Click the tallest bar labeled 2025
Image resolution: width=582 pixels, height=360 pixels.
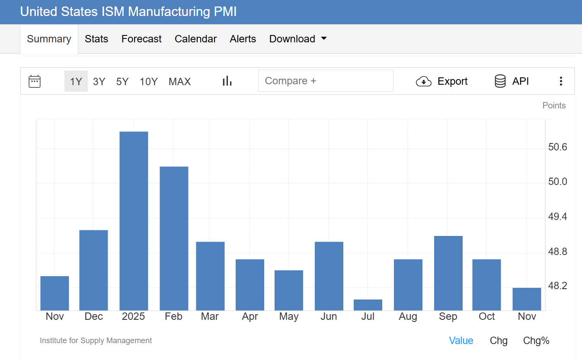click(134, 220)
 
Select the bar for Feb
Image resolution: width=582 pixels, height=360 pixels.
click(174, 238)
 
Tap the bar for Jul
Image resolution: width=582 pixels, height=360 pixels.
click(368, 305)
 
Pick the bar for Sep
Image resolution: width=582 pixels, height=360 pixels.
click(448, 273)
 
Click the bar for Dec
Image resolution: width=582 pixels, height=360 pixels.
click(94, 270)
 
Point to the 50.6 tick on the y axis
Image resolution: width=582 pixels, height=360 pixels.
click(557, 147)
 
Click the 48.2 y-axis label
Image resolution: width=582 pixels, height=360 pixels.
click(557, 287)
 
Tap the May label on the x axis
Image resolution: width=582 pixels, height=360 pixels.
click(289, 316)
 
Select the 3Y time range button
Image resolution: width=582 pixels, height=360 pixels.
click(99, 81)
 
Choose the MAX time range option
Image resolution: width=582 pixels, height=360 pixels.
click(179, 81)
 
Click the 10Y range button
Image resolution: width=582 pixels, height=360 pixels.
click(148, 81)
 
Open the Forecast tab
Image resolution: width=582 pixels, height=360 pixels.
click(141, 39)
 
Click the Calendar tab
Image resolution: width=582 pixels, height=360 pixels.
click(195, 39)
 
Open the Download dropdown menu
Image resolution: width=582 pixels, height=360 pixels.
click(297, 39)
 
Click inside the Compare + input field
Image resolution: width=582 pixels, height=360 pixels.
click(326, 81)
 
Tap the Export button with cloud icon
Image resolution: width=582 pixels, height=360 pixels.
click(442, 81)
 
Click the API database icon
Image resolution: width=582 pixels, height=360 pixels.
click(500, 81)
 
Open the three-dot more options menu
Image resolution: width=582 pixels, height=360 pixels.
click(561, 81)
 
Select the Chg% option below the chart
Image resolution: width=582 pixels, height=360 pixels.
click(536, 341)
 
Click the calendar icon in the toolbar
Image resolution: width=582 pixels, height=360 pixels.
click(35, 81)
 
